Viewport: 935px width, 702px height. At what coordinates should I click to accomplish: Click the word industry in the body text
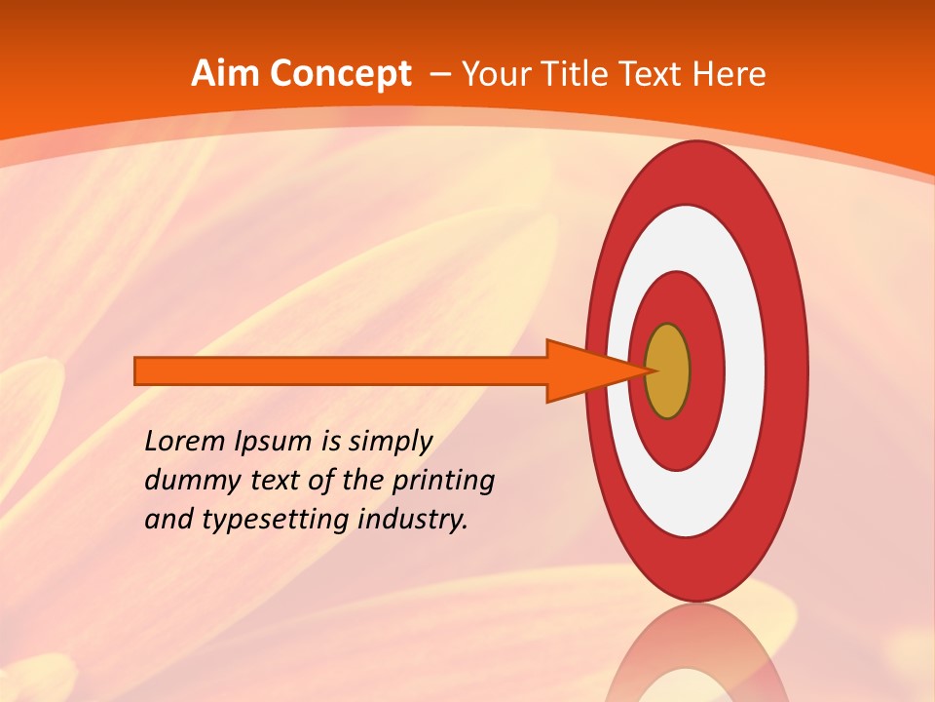point(412,520)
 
